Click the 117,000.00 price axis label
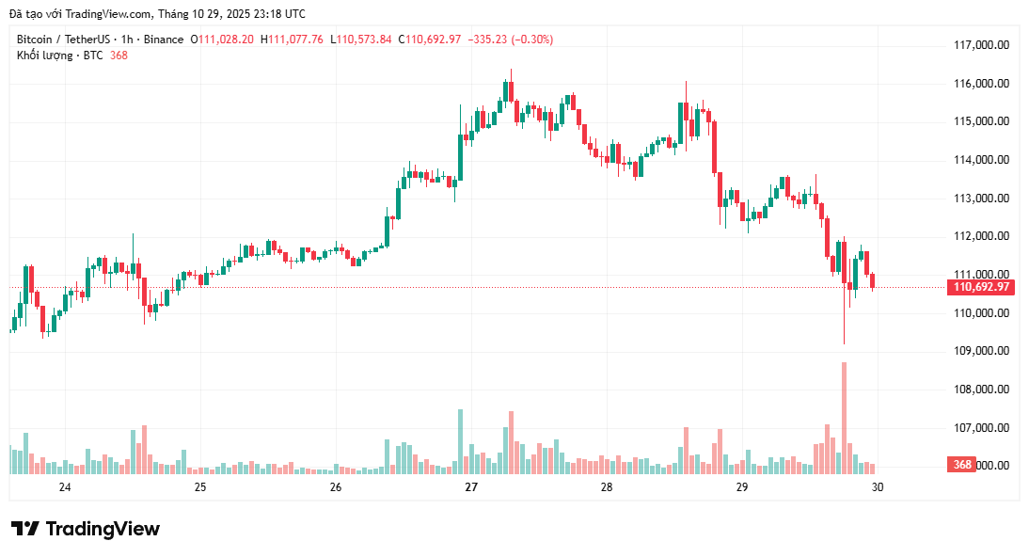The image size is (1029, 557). coord(981,45)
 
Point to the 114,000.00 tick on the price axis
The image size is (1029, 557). coord(981,160)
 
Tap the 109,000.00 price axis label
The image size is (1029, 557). coord(981,351)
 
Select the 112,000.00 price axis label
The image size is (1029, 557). coord(981,236)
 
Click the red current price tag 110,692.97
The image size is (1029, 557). coord(981,287)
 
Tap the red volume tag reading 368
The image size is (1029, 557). coord(961,465)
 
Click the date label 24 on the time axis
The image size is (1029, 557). coord(65,487)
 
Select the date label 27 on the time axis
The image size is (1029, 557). coord(471,487)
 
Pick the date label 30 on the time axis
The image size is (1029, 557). coord(877,487)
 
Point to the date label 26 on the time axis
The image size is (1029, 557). coord(336,487)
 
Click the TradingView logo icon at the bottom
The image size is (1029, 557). coord(25,529)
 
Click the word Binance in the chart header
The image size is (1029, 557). coord(165,40)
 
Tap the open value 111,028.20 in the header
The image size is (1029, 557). coord(226,40)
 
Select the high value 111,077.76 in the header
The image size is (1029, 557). coord(295,40)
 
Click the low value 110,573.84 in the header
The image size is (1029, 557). coord(365,40)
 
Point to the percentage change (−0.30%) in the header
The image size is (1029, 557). coord(531,40)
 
